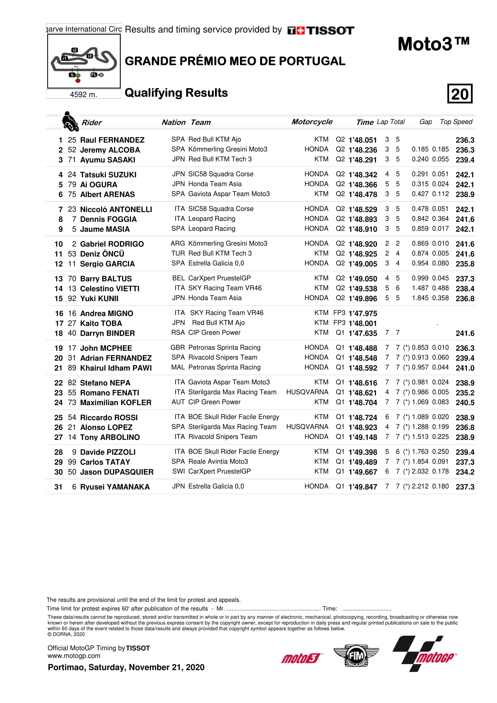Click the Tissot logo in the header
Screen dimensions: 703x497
[x=321, y=30]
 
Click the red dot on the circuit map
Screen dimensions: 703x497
[x=78, y=81]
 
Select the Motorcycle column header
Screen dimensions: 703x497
[x=312, y=122]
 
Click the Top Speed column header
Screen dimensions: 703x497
[x=456, y=122]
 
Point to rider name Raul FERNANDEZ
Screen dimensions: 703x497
[x=112, y=140]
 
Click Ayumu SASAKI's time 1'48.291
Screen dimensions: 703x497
[x=363, y=160]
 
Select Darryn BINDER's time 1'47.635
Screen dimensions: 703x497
[x=363, y=333]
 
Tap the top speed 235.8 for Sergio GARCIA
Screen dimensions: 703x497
[x=465, y=264]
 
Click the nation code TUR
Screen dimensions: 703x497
[x=178, y=254]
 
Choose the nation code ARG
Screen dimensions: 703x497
[x=178, y=243]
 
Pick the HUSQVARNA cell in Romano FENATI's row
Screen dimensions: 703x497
[x=307, y=392]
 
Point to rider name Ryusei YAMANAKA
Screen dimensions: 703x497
[x=115, y=487]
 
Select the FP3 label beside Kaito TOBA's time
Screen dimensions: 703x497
[x=339, y=323]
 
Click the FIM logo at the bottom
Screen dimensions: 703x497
[x=356, y=656]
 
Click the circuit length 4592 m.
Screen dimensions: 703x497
[x=83, y=95]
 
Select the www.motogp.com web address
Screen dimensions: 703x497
[x=74, y=656]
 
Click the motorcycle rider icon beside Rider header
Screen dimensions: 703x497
[x=70, y=121]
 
